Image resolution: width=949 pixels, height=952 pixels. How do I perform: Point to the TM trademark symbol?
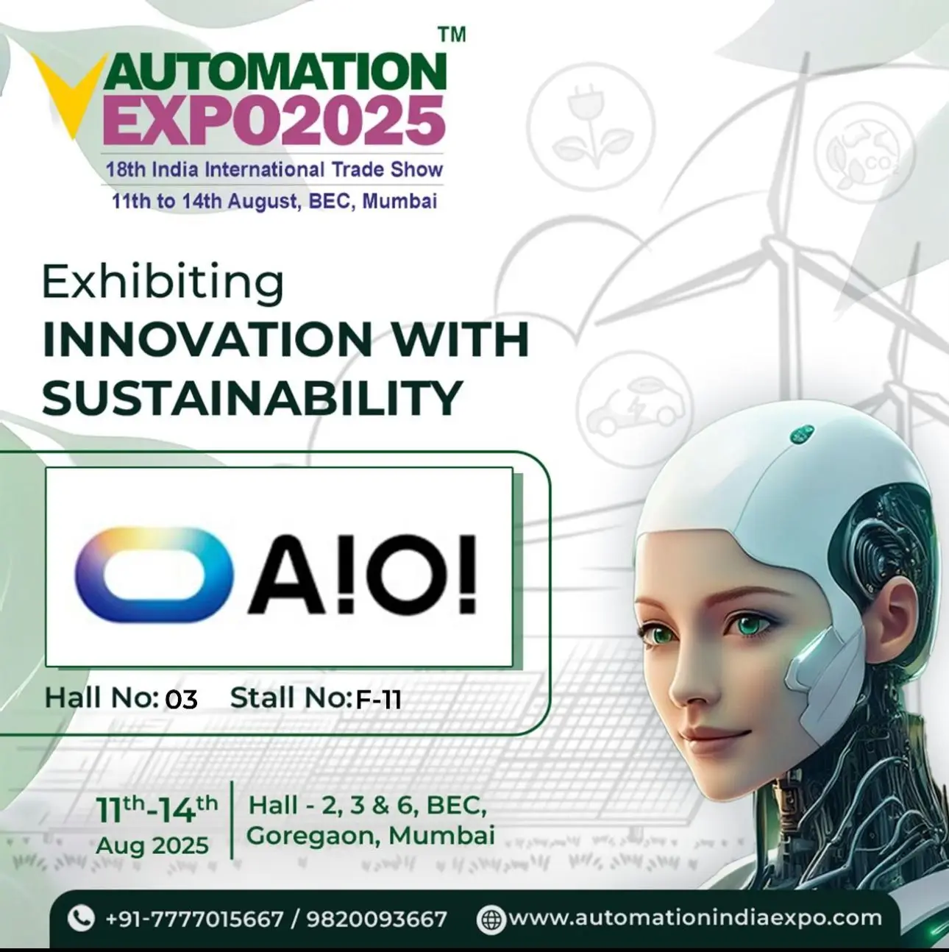452,35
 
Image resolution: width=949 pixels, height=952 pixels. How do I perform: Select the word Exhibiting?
163,283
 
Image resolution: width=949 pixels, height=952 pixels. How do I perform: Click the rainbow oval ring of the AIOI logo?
154,571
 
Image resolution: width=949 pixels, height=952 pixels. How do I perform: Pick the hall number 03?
181,699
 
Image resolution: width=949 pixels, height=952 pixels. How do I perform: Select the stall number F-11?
378,699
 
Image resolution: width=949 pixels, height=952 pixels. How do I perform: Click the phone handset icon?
80,917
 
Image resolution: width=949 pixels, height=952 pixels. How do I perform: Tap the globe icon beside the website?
491,919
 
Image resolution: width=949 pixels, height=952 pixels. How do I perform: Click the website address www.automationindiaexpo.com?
694,917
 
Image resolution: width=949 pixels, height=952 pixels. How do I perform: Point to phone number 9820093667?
377,919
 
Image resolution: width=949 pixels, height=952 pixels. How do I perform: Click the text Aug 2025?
152,845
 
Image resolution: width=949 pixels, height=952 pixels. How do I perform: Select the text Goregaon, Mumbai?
370,836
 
